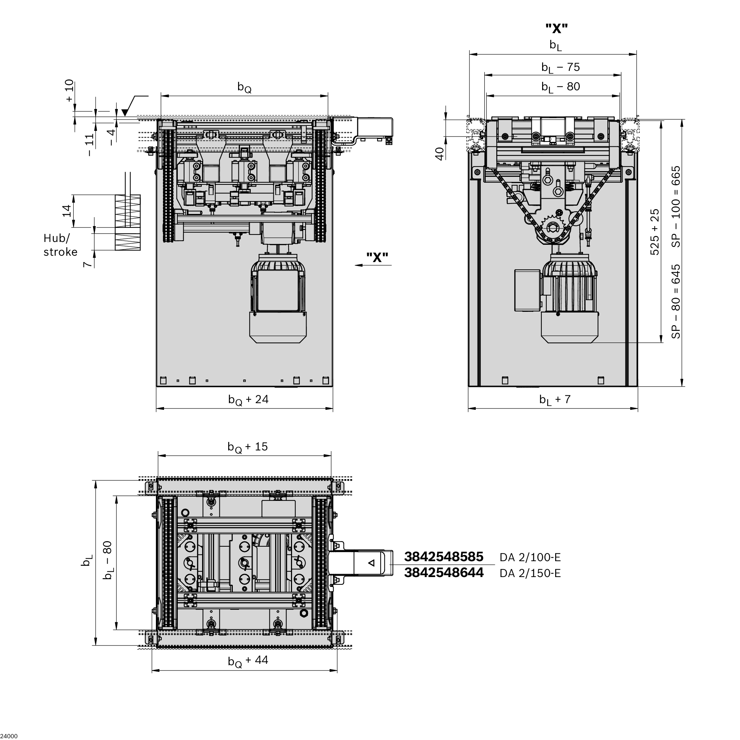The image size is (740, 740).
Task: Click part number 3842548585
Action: click(x=443, y=557)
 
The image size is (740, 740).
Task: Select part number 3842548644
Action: click(x=443, y=572)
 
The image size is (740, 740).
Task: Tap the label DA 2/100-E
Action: click(x=530, y=557)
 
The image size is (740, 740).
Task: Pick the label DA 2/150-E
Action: click(x=530, y=574)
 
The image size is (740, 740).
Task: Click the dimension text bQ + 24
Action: click(x=248, y=400)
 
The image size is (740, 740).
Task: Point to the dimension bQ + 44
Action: click(x=248, y=660)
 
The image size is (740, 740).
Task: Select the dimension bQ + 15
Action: click(x=248, y=447)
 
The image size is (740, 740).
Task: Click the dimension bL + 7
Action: click(x=554, y=400)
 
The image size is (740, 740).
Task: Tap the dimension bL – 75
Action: click(x=560, y=67)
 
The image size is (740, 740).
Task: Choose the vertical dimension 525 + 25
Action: click(x=655, y=232)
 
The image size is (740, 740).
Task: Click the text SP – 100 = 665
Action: click(x=676, y=206)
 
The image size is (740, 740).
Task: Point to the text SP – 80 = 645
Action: click(x=676, y=301)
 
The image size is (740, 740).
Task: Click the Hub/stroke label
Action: click(x=60, y=245)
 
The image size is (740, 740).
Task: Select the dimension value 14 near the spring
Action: click(x=67, y=211)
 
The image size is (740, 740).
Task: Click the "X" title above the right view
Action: click(x=556, y=28)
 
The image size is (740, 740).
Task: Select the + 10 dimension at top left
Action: click(x=69, y=90)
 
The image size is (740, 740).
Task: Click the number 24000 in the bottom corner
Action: click(x=9, y=736)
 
